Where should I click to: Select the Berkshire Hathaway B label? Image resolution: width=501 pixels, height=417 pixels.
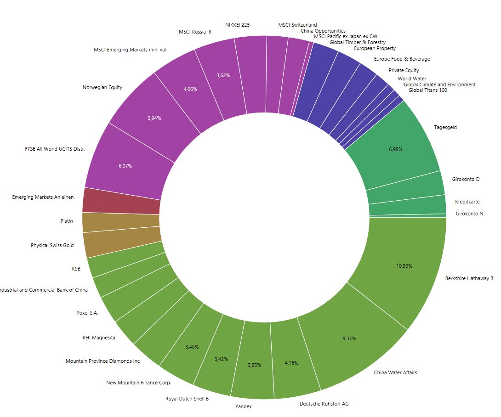pyautogui.click(x=469, y=278)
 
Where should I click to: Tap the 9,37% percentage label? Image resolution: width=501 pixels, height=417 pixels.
pyautogui.click(x=349, y=338)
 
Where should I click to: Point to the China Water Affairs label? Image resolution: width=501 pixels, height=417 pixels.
pyautogui.click(x=395, y=372)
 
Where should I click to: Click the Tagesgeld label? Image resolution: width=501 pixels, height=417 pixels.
pyautogui.click(x=445, y=127)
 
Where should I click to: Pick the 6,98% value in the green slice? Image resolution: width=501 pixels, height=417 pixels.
pyautogui.click(x=395, y=149)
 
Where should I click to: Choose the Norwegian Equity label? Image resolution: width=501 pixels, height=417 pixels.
pyautogui.click(x=102, y=87)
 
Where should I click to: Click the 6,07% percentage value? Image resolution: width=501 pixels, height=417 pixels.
pyautogui.click(x=124, y=166)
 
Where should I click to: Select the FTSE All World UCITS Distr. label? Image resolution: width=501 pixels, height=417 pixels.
pyautogui.click(x=55, y=149)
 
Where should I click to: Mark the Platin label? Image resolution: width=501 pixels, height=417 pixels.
pyautogui.click(x=67, y=221)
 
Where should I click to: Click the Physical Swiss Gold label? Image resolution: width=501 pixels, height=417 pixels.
pyautogui.click(x=52, y=245)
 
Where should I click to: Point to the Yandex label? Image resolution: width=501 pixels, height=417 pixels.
pyautogui.click(x=244, y=406)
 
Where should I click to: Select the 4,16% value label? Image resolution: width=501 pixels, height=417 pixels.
pyautogui.click(x=291, y=363)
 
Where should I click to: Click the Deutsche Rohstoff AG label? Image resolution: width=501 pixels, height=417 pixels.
pyautogui.click(x=324, y=404)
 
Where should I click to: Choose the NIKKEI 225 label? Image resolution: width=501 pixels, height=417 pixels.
pyautogui.click(x=238, y=25)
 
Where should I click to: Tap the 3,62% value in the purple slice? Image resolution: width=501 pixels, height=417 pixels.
pyautogui.click(x=223, y=75)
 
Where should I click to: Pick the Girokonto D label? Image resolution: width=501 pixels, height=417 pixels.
pyautogui.click(x=466, y=179)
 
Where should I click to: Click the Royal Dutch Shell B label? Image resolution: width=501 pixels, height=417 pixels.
pyautogui.click(x=187, y=399)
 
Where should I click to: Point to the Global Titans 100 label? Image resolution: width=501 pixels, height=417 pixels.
pyautogui.click(x=427, y=90)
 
